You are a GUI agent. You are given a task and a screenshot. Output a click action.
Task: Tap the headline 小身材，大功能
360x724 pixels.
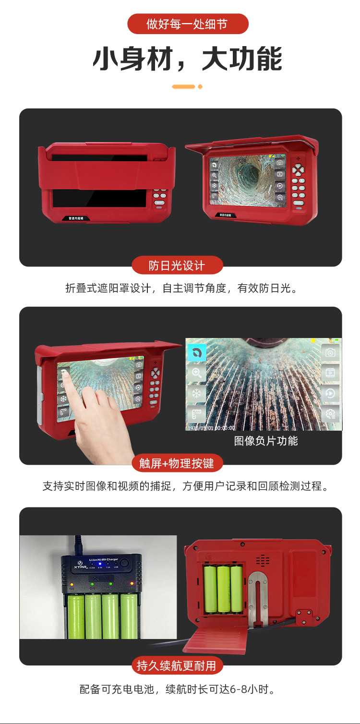(187, 59)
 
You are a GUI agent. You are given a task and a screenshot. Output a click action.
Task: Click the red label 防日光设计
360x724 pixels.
(177, 265)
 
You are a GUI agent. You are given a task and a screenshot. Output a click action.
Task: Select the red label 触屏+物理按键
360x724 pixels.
(177, 463)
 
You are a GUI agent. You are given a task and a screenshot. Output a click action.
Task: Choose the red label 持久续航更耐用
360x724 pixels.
(177, 665)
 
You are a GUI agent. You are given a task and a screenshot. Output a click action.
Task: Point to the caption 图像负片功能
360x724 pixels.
(266, 441)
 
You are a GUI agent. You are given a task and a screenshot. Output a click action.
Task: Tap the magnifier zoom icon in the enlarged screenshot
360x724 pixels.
(196, 373)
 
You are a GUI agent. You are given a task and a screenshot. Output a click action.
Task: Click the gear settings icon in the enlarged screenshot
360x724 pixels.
(330, 413)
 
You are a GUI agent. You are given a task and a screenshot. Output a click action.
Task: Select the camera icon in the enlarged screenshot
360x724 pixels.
(330, 353)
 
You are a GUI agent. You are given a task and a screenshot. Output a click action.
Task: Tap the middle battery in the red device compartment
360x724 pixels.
(224, 589)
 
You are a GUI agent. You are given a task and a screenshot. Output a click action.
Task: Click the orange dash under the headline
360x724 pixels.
(184, 86)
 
